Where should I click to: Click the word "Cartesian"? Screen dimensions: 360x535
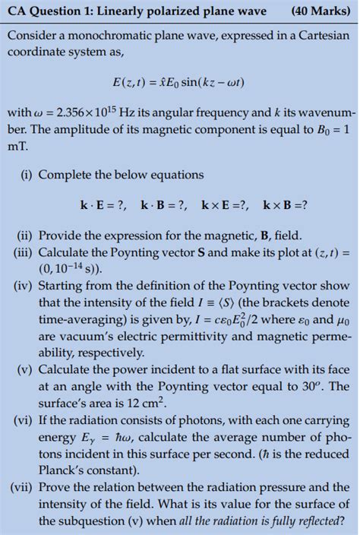click(321, 36)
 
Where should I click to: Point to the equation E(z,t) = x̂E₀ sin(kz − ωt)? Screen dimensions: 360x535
click(179, 81)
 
